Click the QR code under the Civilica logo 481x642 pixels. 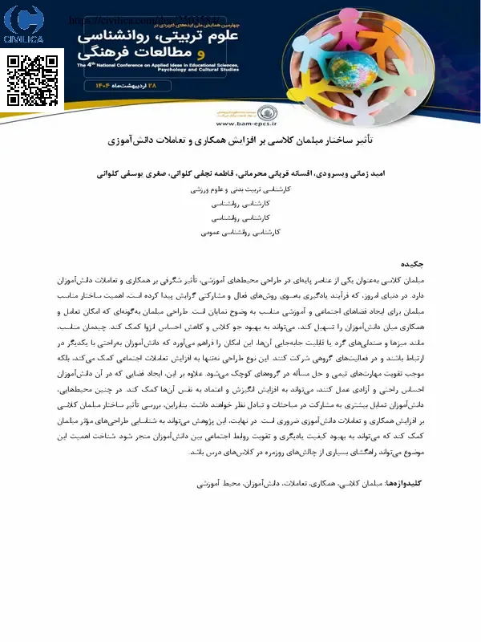[x=34, y=81]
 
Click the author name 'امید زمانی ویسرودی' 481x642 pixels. [x=348, y=173]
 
